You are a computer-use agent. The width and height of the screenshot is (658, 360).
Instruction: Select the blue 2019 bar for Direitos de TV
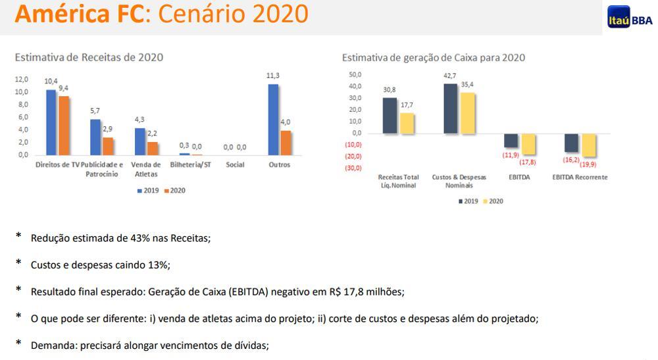point(51,122)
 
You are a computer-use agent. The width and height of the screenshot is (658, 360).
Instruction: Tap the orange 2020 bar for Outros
point(285,143)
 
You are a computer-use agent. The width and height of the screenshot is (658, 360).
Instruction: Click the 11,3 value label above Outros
point(273,76)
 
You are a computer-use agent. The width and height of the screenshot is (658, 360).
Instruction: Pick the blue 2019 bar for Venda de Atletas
point(139,141)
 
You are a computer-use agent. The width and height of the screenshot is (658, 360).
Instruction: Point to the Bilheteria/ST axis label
point(190,165)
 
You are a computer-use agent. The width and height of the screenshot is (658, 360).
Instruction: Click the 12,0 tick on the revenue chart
point(22,79)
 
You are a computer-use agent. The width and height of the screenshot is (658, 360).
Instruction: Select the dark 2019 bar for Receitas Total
point(390,116)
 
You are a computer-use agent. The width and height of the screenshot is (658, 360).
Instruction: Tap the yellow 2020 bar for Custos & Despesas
point(467,113)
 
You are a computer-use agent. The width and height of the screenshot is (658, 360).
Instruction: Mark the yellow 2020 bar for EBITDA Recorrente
point(588,145)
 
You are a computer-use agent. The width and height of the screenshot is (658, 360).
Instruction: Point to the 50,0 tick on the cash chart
point(355,74)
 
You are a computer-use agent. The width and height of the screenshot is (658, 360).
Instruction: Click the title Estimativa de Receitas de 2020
point(89,57)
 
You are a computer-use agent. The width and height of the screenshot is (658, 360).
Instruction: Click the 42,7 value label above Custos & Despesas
point(450,76)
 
